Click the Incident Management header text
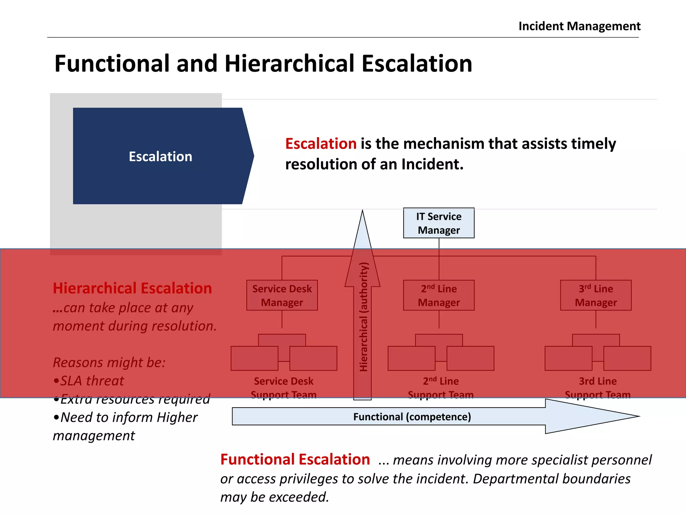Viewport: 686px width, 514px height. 579,26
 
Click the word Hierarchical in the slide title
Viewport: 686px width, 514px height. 289,64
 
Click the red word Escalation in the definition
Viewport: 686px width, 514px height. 321,144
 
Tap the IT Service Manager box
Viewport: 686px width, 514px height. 438,223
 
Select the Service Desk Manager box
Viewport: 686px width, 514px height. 282,295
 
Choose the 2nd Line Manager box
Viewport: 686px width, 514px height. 438,295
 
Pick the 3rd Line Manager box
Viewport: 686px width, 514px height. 596,295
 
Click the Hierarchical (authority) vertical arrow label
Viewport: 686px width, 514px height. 363,317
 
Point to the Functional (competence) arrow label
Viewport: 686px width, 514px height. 412,417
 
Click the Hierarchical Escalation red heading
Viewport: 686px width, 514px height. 132,288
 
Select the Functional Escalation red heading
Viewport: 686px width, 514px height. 295,459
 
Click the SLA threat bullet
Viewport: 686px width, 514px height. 89,381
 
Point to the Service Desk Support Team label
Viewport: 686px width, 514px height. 283,388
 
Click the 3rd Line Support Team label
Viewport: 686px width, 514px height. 598,388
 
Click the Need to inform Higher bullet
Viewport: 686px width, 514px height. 126,417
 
